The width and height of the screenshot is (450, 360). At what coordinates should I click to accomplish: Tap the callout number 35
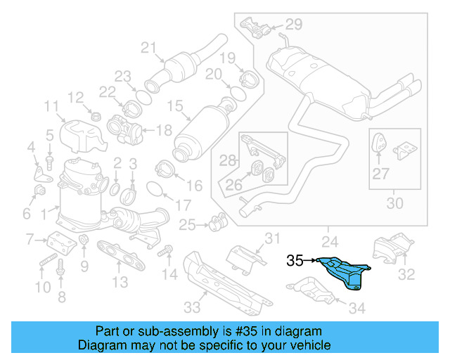(296, 261)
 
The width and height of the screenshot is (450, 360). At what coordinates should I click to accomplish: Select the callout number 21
(148, 48)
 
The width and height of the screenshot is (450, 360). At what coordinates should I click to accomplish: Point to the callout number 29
(293, 25)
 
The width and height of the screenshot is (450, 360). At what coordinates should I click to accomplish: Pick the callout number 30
(395, 204)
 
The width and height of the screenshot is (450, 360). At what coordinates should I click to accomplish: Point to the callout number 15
(174, 107)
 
